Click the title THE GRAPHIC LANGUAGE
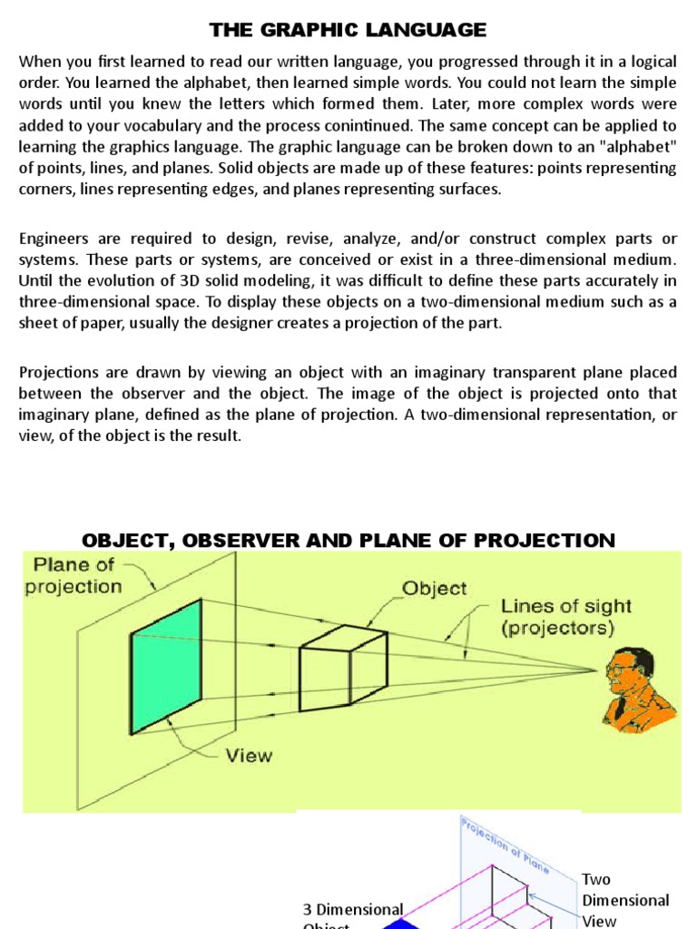(348, 30)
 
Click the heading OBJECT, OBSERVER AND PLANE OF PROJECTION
(348, 541)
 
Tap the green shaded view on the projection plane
(166, 666)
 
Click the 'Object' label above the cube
(434, 587)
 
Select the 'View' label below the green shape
(247, 755)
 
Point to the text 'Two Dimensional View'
(625, 899)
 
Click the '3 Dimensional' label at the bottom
(353, 909)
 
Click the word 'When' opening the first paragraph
(40, 62)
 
